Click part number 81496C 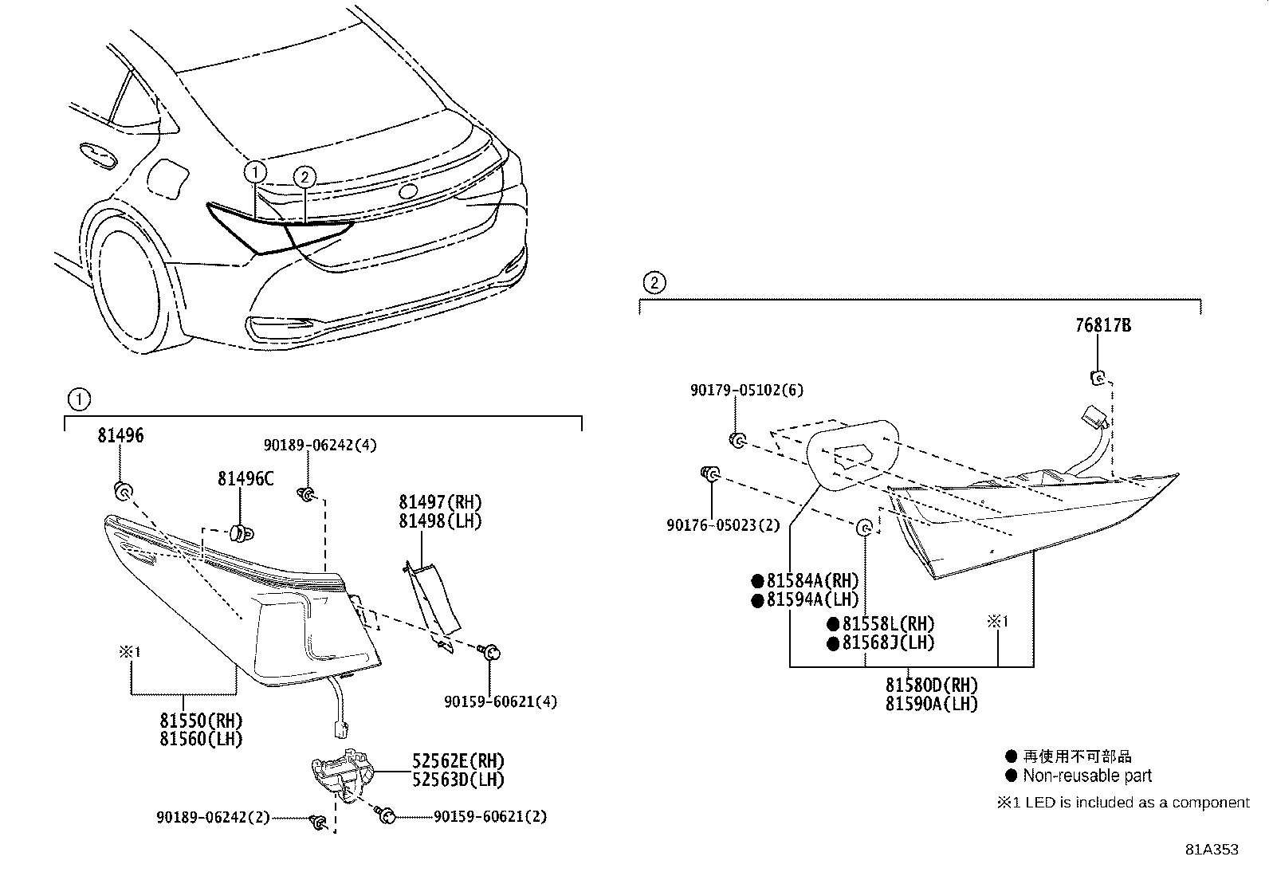(246, 478)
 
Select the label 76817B (1102, 325)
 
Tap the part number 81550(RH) (201, 721)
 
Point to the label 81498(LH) (440, 521)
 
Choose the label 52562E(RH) (458, 761)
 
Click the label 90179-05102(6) (747, 390)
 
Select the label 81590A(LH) (931, 704)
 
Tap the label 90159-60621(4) (501, 701)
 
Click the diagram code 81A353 (1212, 850)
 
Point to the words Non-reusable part (1087, 776)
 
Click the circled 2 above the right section (654, 282)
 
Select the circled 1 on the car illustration (255, 171)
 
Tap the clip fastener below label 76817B (1098, 377)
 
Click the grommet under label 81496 (123, 491)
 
